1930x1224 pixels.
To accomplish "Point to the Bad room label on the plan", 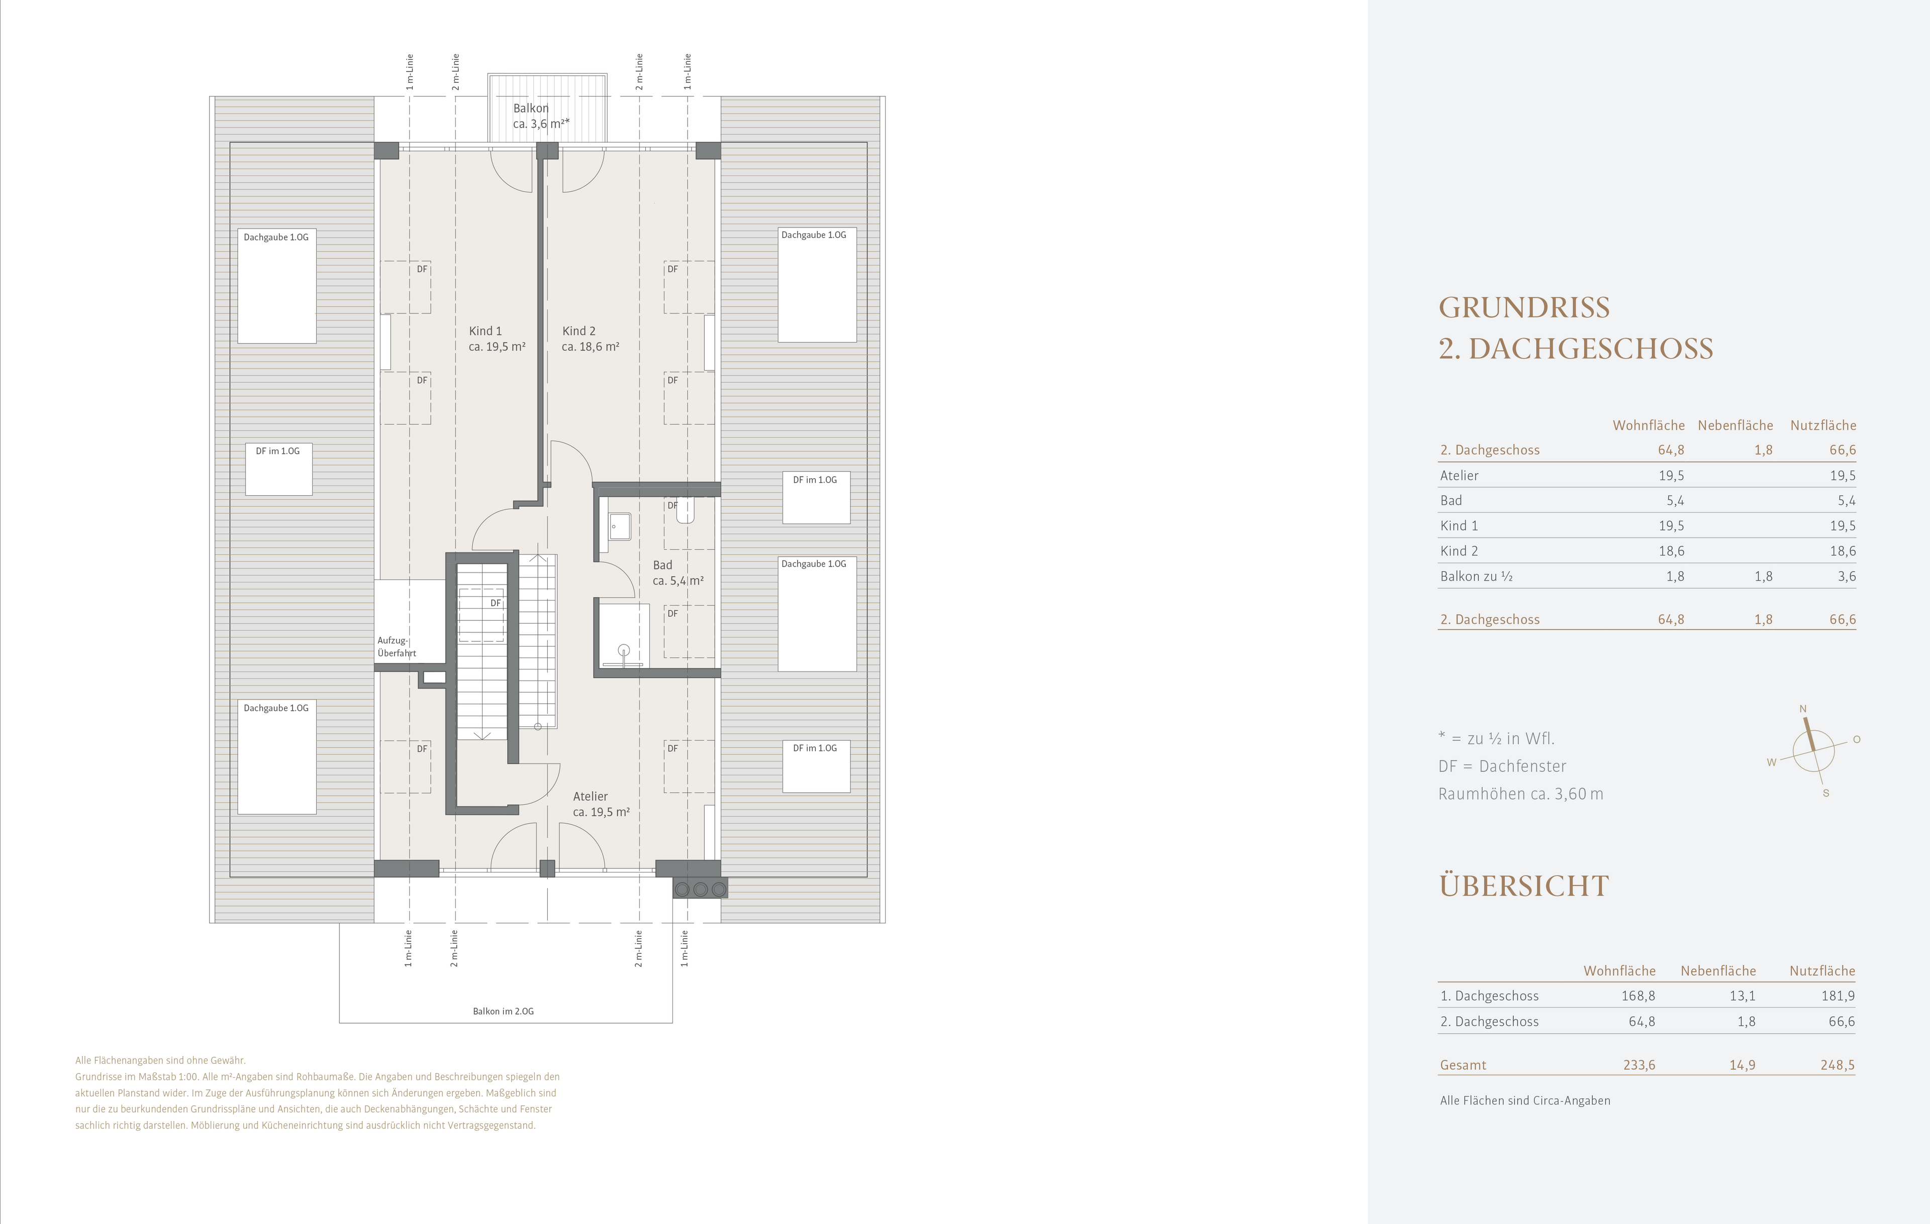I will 678,573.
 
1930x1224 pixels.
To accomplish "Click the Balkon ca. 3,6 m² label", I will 541,116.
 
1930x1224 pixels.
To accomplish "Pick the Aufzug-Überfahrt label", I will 397,646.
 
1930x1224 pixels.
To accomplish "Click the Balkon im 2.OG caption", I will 503,1012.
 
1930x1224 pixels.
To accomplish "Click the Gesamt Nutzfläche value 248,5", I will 1837,1065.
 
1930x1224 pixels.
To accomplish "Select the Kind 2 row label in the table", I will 1459,551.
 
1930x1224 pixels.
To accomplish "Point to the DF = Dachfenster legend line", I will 1502,766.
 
